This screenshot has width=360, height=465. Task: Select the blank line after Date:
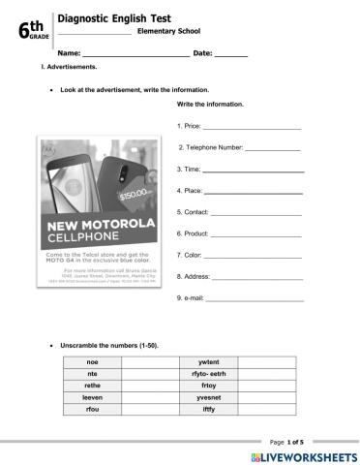[230, 55]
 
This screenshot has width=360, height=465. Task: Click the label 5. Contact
[194, 211]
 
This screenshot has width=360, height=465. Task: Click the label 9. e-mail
[191, 297]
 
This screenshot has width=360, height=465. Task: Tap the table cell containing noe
[92, 361]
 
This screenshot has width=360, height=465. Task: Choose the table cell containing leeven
[92, 397]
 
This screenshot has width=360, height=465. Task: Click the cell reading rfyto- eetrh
[208, 373]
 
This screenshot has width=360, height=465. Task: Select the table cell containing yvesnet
[208, 397]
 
